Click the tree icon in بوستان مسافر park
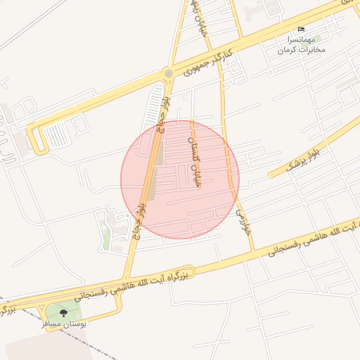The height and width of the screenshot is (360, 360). (x=64, y=312)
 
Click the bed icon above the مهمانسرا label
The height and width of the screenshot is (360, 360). (x=302, y=29)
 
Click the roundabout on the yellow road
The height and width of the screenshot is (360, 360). (x=168, y=73)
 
